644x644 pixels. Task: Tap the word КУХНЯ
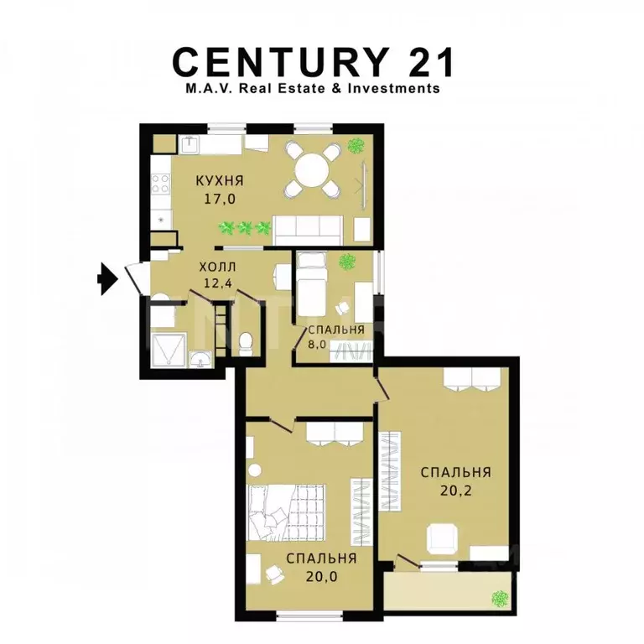pyautogui.click(x=220, y=181)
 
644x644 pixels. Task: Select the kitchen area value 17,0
pyautogui.click(x=220, y=200)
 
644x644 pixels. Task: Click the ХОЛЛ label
pyautogui.click(x=211, y=267)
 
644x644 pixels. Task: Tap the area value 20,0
pyautogui.click(x=321, y=575)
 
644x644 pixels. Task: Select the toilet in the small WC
pyautogui.click(x=246, y=341)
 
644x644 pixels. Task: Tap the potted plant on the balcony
pyautogui.click(x=500, y=599)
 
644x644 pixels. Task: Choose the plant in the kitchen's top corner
pyautogui.click(x=357, y=145)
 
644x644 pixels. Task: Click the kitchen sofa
pyautogui.click(x=309, y=226)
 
